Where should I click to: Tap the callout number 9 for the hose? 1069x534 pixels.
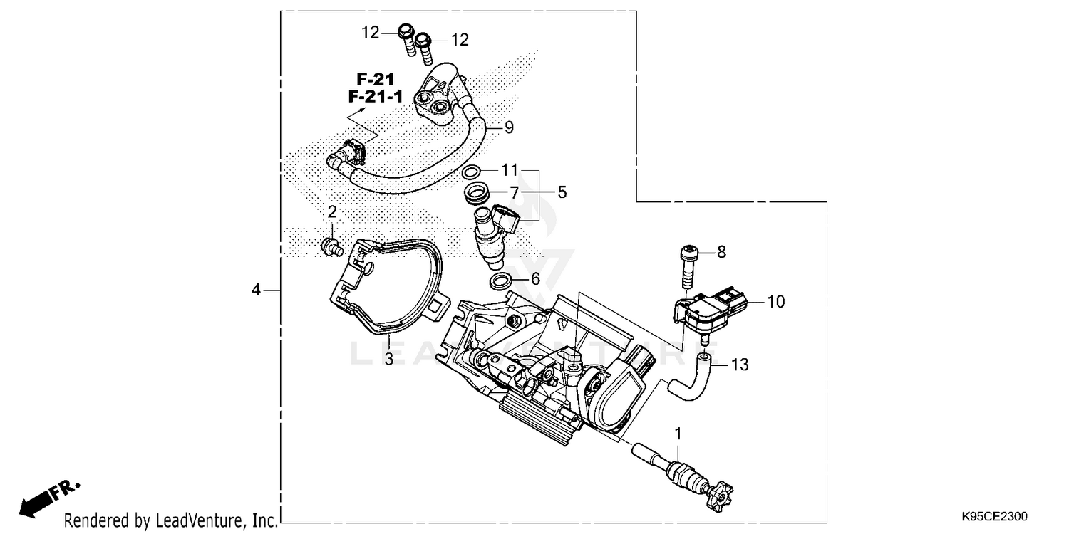pyautogui.click(x=509, y=127)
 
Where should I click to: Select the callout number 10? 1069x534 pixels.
pyautogui.click(x=775, y=302)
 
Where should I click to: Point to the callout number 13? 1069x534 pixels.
pyautogui.click(x=740, y=365)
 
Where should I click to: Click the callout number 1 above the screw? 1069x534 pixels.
pyautogui.click(x=678, y=432)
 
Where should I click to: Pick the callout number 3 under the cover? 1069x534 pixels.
pyautogui.click(x=388, y=359)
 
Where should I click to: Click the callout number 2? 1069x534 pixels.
pyautogui.click(x=331, y=211)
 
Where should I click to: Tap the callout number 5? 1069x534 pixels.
pyautogui.click(x=562, y=192)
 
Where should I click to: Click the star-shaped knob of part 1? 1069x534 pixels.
pyautogui.click(x=718, y=493)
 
